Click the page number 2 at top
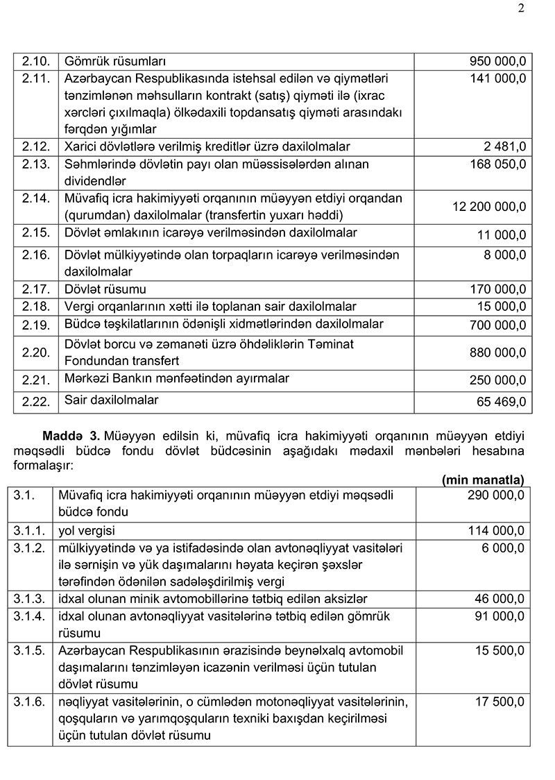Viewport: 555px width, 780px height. tap(520, 9)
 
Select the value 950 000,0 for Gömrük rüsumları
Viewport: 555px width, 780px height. tap(497, 62)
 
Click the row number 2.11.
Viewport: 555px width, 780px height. tap(35, 78)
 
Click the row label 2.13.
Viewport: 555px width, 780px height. tap(35, 164)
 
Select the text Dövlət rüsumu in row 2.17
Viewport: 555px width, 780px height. tap(105, 288)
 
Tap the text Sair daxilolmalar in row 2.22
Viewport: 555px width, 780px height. tap(111, 400)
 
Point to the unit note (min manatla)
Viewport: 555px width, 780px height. tap(483, 479)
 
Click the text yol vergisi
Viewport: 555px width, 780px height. tap(88, 531)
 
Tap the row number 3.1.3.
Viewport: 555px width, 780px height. tap(28, 598)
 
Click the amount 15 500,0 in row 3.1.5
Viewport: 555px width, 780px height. tap(499, 650)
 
